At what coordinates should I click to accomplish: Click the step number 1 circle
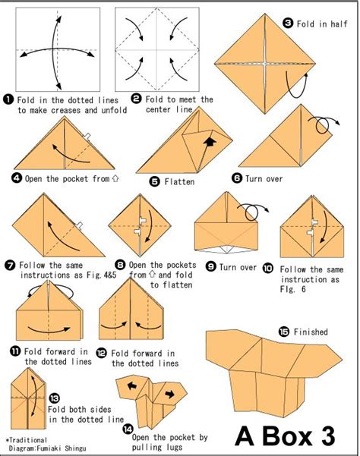point(8,99)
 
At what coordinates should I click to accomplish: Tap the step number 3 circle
point(288,23)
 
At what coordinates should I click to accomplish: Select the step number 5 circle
point(155,181)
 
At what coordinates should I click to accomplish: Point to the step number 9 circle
point(210,266)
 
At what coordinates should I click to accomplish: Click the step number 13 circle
point(54,398)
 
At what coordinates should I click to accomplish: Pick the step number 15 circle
point(284,332)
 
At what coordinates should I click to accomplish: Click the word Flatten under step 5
point(179,182)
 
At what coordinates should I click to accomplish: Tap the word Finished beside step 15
point(311,332)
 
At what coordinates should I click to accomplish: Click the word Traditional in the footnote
point(27,440)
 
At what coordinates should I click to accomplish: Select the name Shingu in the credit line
point(75,448)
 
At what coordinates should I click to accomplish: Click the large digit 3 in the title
point(325,436)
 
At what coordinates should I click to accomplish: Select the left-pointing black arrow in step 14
point(132,386)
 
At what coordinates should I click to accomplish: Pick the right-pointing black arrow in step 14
point(169,395)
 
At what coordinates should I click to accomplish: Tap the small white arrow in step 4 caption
point(115,178)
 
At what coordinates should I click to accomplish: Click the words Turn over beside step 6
point(264,178)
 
